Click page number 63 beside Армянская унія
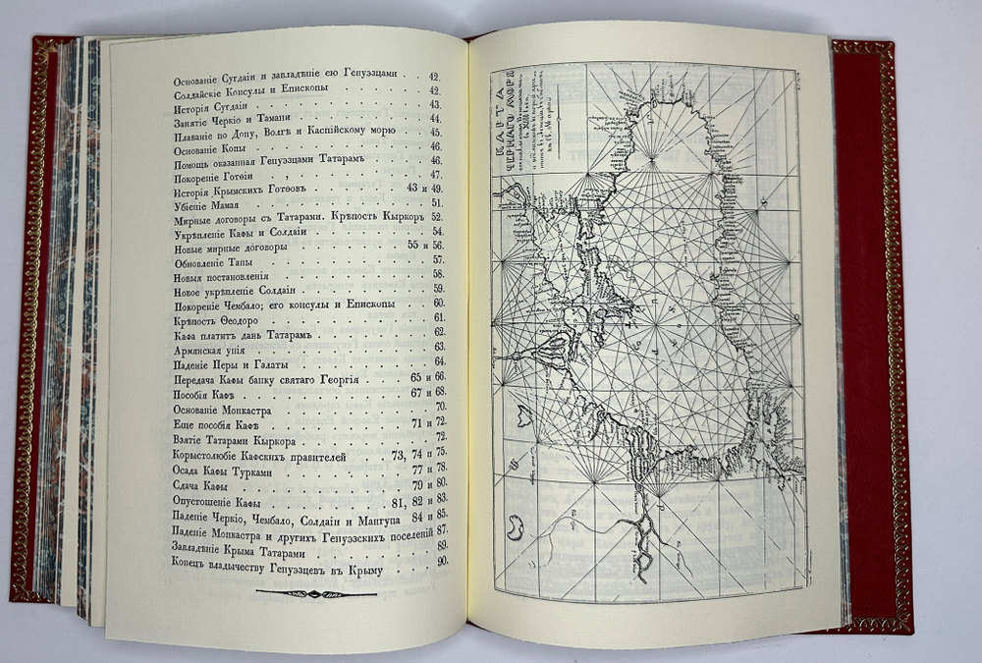click(439, 348)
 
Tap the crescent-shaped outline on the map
click(513, 529)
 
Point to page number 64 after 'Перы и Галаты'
click(439, 362)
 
